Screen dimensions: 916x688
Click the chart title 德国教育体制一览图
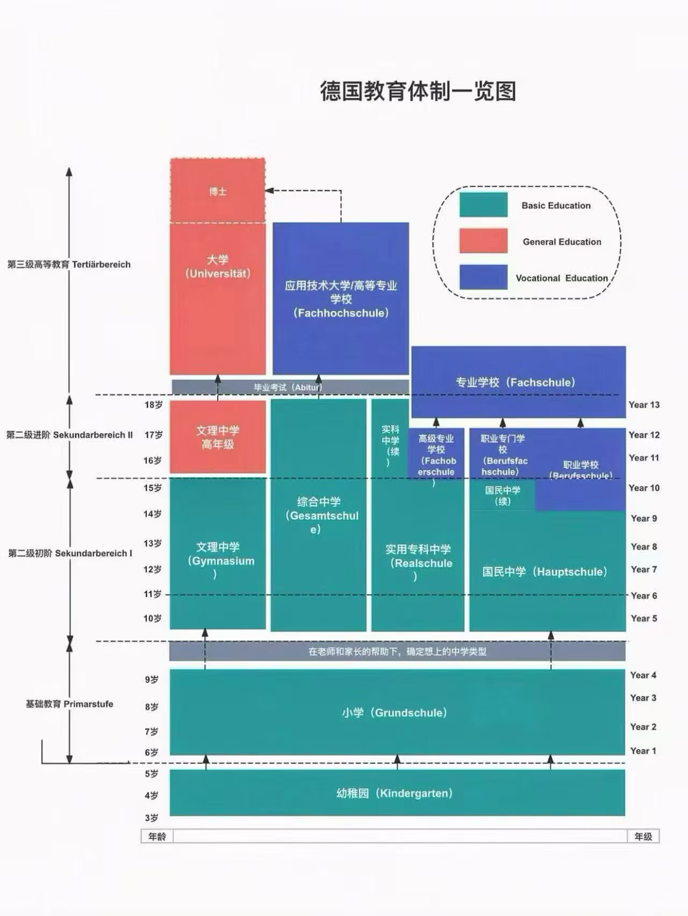[x=418, y=91]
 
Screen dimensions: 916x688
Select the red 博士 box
[x=218, y=191]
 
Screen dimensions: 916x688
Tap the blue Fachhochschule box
[x=340, y=299]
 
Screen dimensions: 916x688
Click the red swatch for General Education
[x=483, y=241]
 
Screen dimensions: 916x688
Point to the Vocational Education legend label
[x=562, y=278]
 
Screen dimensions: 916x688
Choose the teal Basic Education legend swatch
[x=483, y=205]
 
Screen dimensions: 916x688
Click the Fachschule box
[x=516, y=382]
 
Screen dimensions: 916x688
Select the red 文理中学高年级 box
[x=218, y=437]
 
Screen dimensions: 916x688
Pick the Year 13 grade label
[x=644, y=405]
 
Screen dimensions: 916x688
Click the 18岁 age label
[x=153, y=405]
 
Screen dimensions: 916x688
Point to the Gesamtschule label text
[x=319, y=515]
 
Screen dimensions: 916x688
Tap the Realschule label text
[x=418, y=562]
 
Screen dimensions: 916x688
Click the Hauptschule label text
[x=545, y=572]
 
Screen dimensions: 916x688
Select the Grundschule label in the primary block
[x=395, y=713]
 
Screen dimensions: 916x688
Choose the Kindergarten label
[x=395, y=793]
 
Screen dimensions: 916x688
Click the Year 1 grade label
[x=643, y=751]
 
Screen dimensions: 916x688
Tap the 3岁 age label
[x=152, y=818]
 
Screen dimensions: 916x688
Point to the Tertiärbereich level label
[x=69, y=264]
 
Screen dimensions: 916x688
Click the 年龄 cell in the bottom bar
[x=157, y=837]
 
